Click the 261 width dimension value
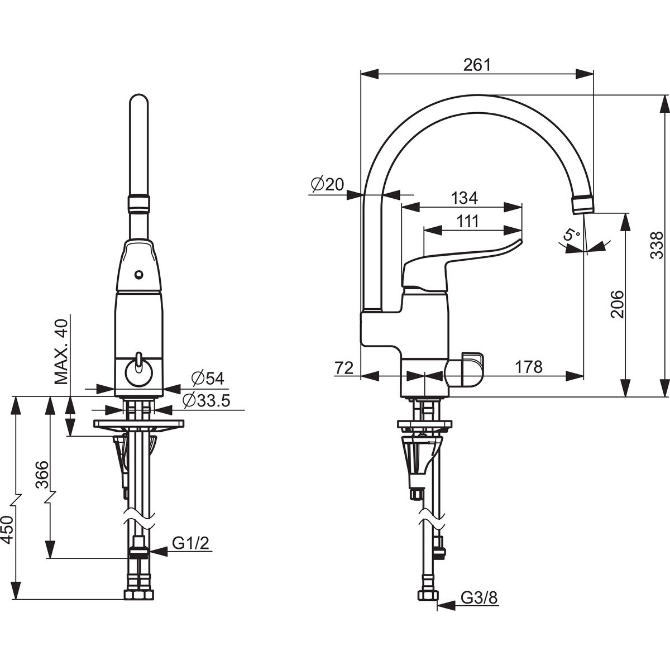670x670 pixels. tap(477, 65)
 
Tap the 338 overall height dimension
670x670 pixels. tap(657, 246)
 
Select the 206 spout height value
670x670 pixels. tap(617, 305)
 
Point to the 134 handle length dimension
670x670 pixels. tap(464, 199)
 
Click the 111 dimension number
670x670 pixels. tap(467, 222)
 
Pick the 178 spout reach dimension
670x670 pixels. tap(529, 366)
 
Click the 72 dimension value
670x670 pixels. tap(344, 367)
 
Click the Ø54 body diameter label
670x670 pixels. tap(207, 379)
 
